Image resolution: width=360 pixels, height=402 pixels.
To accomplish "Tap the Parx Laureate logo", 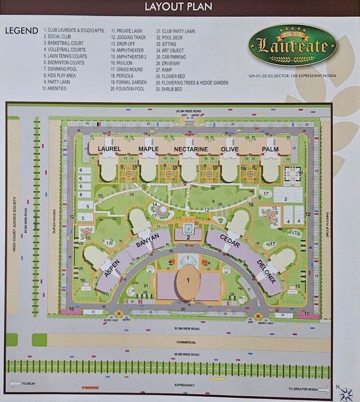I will [x=292, y=46].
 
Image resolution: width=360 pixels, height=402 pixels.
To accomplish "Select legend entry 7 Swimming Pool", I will [x=61, y=69].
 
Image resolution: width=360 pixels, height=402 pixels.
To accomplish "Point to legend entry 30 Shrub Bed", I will [x=169, y=89].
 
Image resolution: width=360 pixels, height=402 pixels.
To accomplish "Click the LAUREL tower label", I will [x=109, y=149].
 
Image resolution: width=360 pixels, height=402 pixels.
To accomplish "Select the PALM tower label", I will [x=270, y=149].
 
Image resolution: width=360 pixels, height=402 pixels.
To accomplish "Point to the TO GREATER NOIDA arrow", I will [x=309, y=388].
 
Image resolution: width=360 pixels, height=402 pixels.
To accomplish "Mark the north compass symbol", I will [x=345, y=393].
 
